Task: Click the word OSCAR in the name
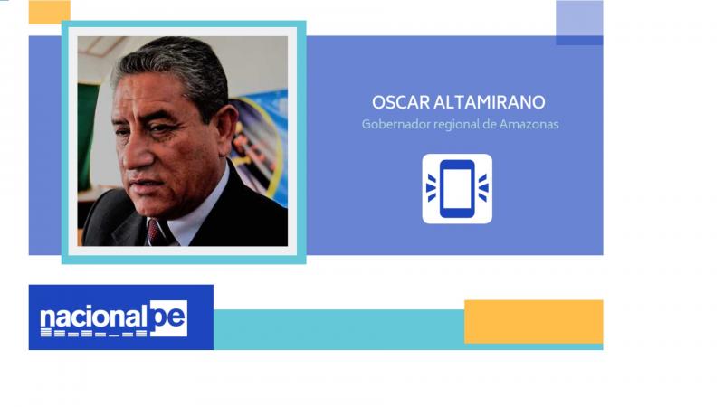point(400,102)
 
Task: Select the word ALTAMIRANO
point(490,102)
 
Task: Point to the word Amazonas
point(529,124)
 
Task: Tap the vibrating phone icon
point(457,189)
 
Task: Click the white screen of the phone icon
point(457,188)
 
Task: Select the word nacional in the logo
point(94,317)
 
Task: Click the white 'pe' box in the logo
point(169,318)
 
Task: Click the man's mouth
point(144,185)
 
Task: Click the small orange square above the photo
point(50,12)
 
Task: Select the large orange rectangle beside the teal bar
point(534,322)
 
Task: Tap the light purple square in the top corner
point(579,18)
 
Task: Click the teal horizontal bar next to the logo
point(338,329)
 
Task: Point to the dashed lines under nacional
point(94,333)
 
